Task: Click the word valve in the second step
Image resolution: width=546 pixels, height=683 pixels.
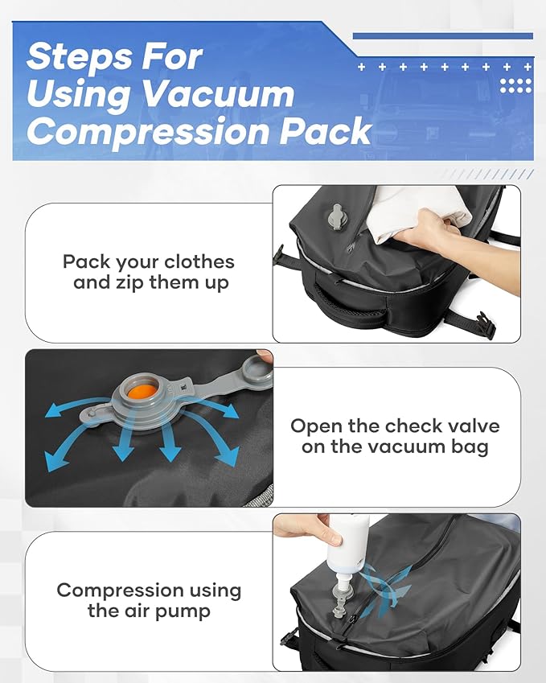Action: (470, 426)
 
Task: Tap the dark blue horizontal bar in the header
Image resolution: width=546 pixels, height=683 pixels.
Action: (442, 36)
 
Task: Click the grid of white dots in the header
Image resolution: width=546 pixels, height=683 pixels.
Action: (515, 84)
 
